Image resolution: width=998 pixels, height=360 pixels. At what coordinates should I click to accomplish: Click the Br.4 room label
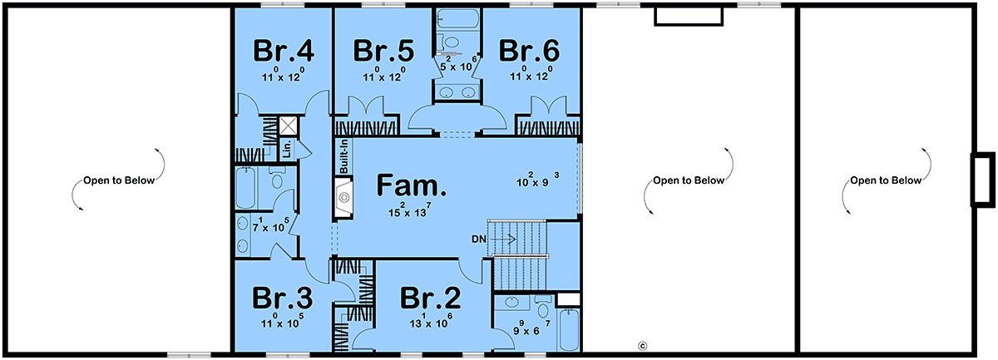point(284,51)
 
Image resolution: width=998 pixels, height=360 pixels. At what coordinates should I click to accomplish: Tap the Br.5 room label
point(383,51)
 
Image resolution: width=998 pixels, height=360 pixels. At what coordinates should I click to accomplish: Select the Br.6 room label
point(529,51)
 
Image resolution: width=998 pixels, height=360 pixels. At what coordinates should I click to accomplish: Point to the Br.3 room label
point(283,298)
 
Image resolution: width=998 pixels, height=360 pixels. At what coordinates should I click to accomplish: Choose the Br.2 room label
point(431,298)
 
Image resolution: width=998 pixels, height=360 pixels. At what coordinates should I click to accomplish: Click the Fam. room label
point(411,185)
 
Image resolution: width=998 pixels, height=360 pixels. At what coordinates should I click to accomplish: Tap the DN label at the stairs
point(479,239)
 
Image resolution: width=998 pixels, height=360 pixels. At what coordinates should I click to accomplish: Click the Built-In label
point(344,156)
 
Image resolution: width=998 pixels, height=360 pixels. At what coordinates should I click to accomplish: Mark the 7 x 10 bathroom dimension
point(271,225)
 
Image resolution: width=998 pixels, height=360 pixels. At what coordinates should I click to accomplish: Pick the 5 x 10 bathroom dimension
point(458,64)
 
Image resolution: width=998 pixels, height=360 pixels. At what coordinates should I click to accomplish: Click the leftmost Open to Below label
point(119,180)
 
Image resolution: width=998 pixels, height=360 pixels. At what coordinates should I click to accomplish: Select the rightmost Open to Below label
point(886,180)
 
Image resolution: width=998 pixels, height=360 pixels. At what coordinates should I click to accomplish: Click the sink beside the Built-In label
point(343,197)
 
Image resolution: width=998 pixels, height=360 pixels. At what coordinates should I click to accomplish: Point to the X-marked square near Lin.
point(289,126)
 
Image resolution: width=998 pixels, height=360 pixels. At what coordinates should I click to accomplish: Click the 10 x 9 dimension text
point(538,180)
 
